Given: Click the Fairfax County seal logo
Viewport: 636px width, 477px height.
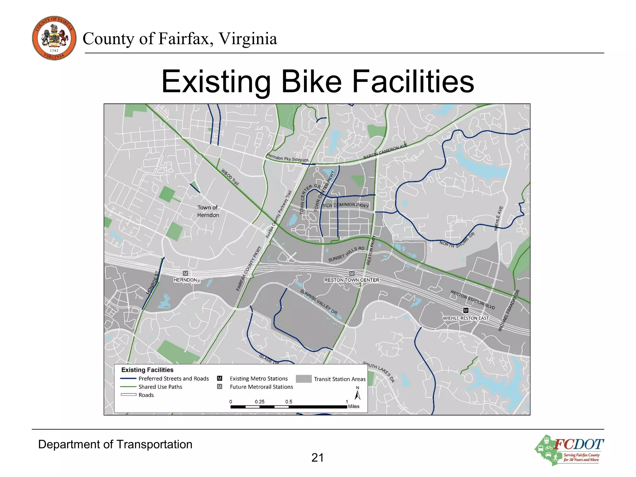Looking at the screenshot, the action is (54, 38).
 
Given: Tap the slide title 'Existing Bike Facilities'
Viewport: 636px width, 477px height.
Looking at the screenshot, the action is (318, 81).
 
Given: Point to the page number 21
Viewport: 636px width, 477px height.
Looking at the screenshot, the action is (317, 457).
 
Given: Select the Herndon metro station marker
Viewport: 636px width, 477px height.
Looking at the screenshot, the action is (185, 274).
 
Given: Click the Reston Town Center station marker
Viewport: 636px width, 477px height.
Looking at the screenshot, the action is (352, 274).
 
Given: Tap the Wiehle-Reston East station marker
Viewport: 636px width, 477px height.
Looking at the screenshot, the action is (466, 310).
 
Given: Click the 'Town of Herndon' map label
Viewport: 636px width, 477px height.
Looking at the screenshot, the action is (208, 211).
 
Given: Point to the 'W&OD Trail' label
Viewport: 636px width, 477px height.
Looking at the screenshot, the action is (230, 177).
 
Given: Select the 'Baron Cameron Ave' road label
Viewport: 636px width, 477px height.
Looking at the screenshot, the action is (385, 151).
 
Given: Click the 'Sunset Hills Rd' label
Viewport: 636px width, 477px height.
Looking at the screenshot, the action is (346, 254).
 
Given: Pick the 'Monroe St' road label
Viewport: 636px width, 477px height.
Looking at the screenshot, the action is (152, 283).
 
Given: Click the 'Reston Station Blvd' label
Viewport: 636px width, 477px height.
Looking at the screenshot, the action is (473, 300).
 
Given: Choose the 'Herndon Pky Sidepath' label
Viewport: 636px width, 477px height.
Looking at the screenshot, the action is (288, 158).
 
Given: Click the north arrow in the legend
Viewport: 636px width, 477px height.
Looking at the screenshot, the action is (358, 394).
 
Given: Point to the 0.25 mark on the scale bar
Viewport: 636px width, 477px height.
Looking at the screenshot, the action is (260, 402).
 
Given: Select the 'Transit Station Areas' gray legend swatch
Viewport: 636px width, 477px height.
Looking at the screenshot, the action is (303, 379).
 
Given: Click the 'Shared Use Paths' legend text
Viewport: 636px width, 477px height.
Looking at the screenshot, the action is (160, 387).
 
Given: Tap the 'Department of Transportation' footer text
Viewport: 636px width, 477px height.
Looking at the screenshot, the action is (115, 444).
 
